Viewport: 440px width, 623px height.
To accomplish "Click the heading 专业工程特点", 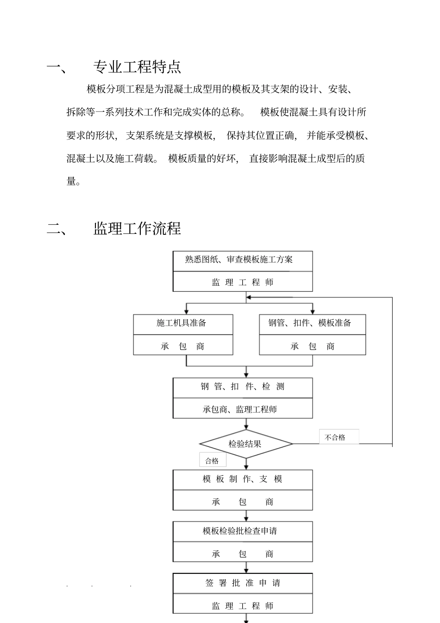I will tap(137, 67).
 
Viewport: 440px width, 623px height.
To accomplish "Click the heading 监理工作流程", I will tap(137, 228).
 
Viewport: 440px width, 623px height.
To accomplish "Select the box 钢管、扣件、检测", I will tap(243, 387).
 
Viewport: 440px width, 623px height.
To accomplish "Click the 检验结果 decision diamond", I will tap(245, 444).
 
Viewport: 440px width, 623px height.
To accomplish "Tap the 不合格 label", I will tap(335, 437).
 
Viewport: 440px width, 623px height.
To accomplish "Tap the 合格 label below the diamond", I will tap(212, 461).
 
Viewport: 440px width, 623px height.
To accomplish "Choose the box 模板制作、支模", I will tap(243, 479).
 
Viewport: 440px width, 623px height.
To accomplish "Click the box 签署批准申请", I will tap(243, 583).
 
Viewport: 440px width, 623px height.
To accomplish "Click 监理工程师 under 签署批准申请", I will tap(243, 606).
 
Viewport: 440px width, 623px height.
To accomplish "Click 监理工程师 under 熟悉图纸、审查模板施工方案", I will tap(243, 282).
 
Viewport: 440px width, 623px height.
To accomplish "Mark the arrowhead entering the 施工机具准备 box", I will tap(186, 312).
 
